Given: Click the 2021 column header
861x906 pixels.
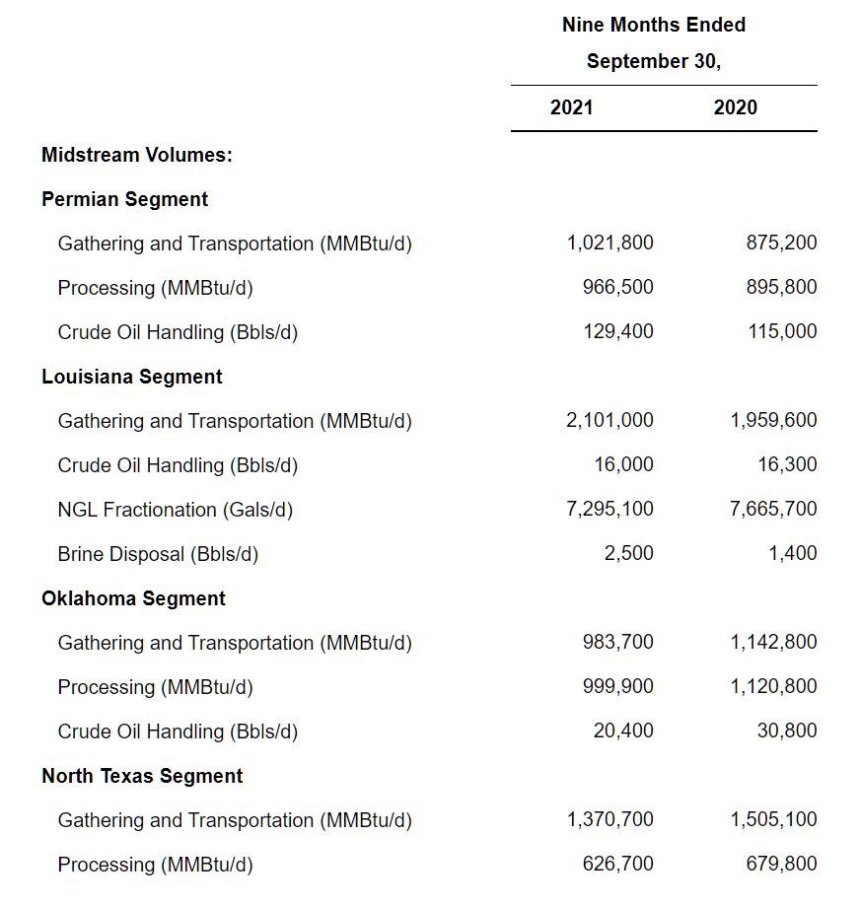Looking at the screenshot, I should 571,107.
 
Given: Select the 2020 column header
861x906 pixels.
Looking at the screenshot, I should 735,107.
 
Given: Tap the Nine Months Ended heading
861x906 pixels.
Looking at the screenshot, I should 653,25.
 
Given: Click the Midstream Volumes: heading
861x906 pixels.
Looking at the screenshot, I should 136,155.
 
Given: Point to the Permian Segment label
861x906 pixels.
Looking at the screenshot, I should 124,199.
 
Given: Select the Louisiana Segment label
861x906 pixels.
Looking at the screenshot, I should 131,377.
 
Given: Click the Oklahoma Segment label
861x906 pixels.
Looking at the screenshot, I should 133,598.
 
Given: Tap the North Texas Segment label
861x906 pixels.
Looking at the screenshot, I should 142,776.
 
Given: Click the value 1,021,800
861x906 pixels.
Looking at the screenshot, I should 610,243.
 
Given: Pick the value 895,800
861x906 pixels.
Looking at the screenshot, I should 781,287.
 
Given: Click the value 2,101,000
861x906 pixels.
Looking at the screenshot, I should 610,420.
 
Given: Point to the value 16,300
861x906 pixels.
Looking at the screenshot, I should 789,464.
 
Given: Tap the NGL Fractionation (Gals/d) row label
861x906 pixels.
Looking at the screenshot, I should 175,510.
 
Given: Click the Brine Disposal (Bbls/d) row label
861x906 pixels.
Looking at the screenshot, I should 158,554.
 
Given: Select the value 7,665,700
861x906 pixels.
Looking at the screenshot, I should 773,509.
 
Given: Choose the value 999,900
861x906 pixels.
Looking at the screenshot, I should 617,686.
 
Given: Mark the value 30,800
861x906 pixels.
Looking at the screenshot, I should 789,731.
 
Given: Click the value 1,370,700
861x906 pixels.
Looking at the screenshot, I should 610,819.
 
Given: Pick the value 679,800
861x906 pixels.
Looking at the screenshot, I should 781,864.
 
